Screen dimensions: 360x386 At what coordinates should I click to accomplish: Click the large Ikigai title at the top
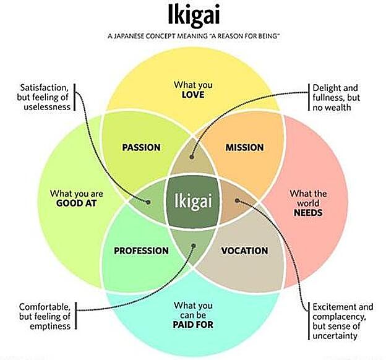194,15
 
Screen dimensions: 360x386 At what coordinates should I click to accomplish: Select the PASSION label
141,147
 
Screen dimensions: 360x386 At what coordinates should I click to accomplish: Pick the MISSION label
244,147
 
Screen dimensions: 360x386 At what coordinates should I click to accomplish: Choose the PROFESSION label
141,251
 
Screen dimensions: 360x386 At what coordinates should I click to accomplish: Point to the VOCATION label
244,251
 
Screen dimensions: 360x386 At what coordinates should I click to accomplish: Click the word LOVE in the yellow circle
193,95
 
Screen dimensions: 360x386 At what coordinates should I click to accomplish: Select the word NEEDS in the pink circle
308,212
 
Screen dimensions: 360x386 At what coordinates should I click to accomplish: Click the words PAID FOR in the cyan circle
194,322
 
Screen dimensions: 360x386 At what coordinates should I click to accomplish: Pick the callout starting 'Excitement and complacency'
343,321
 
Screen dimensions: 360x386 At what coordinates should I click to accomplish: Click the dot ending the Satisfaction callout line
148,202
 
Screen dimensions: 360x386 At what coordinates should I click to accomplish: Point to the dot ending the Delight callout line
193,157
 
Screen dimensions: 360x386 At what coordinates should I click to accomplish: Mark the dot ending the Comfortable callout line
194,246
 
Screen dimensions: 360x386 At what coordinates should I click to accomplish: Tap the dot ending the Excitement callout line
238,200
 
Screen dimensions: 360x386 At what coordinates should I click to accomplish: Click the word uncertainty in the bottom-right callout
335,336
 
